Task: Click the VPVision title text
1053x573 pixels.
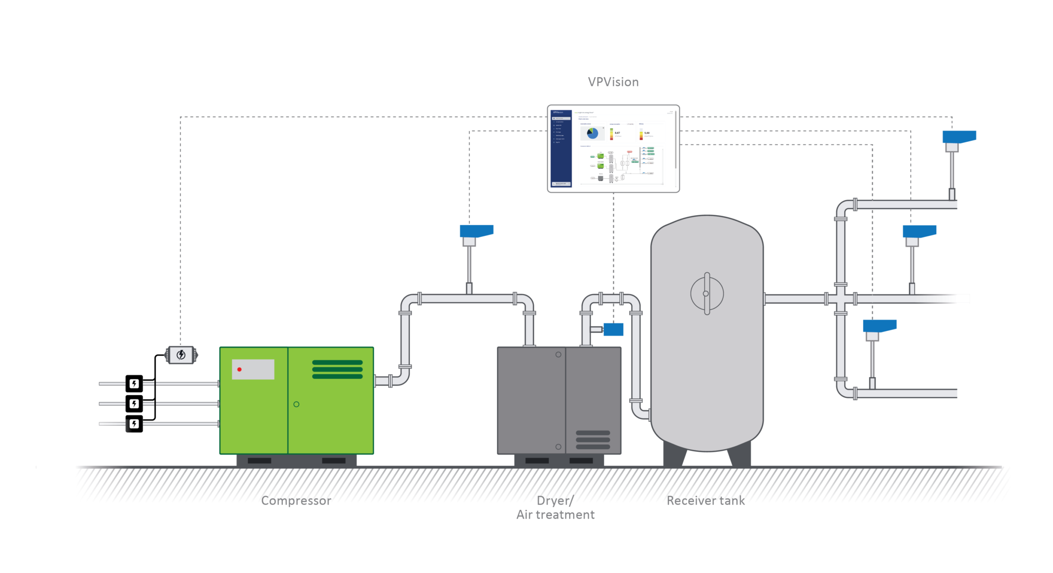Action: click(x=613, y=82)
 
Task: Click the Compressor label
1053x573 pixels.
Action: click(x=296, y=501)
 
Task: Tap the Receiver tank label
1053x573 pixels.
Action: click(x=705, y=501)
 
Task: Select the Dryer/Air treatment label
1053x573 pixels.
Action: click(x=555, y=508)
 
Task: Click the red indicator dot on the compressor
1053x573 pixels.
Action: click(x=239, y=369)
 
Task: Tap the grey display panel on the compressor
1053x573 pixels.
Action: click(x=253, y=369)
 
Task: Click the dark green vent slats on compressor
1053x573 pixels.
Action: click(x=337, y=369)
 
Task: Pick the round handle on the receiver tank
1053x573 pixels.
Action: click(x=707, y=293)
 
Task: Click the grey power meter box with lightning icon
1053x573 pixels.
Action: click(x=181, y=355)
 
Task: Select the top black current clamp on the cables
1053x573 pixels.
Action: click(x=134, y=383)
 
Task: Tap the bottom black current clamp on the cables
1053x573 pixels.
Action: click(x=134, y=424)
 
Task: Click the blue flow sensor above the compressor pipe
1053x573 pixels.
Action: click(x=476, y=231)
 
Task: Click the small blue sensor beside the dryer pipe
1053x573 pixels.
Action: click(x=613, y=329)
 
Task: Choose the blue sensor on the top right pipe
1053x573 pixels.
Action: click(x=959, y=137)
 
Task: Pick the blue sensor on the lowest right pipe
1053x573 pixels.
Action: click(x=879, y=326)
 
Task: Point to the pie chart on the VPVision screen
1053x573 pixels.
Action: click(x=592, y=133)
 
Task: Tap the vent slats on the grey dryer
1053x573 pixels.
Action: click(x=593, y=440)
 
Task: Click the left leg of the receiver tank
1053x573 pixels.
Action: click(x=674, y=454)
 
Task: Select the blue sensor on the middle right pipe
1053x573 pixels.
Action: click(x=919, y=231)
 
